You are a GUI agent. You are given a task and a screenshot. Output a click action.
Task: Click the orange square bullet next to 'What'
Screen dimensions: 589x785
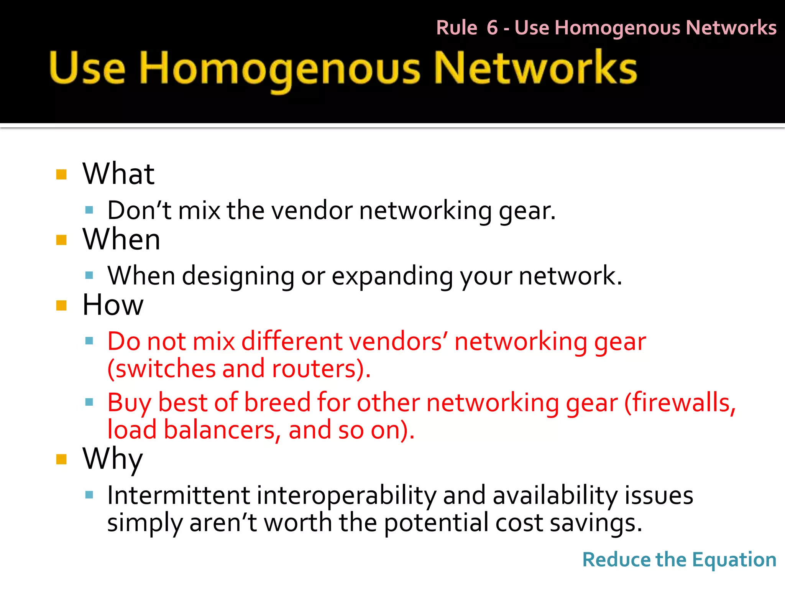pos(61,175)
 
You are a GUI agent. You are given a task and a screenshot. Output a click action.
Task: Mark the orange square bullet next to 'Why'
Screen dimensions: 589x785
pos(61,459)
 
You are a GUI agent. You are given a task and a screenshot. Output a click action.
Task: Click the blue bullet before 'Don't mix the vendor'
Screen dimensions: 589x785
pos(89,210)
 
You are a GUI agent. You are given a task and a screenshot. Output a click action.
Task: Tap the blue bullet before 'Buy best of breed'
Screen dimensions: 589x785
pos(89,402)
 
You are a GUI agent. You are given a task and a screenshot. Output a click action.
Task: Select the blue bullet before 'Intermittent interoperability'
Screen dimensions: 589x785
pos(89,495)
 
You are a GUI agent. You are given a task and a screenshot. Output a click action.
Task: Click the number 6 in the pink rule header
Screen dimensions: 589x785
pos(492,28)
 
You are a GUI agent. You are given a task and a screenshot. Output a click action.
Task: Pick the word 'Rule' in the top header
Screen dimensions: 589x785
pos(457,28)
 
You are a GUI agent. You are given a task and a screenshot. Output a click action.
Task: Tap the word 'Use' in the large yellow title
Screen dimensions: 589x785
pos(87,69)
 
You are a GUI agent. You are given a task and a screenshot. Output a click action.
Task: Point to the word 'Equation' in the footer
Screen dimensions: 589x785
pos(734,560)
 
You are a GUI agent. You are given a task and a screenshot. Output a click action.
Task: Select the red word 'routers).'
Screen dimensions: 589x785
pos(321,369)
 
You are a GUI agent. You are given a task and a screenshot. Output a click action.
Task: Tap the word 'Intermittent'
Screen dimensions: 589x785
pos(179,495)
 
